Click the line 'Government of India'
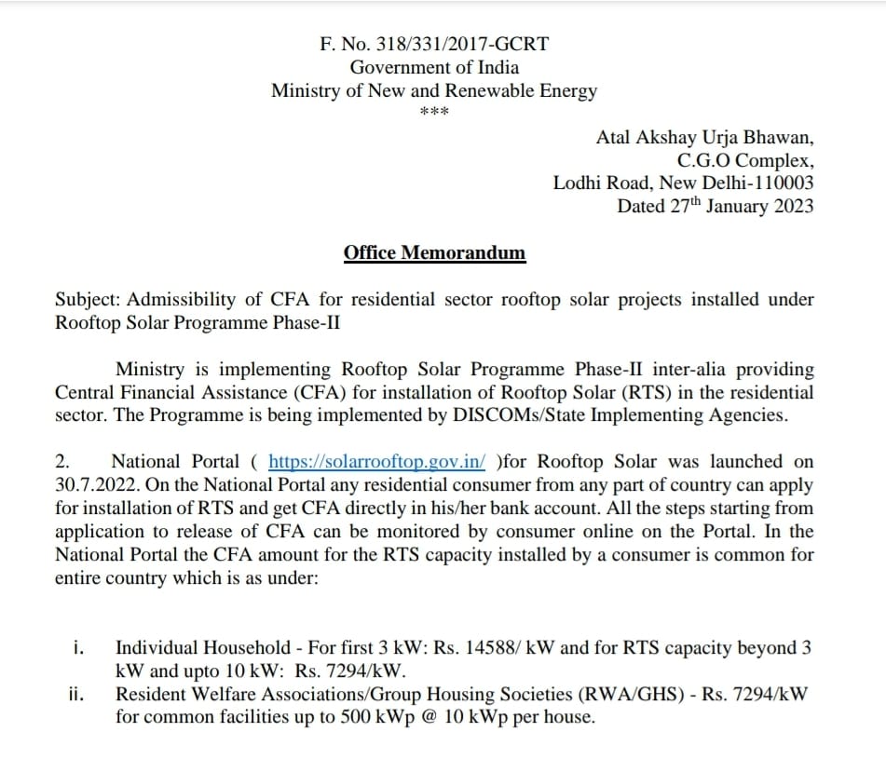[434, 67]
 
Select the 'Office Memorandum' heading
[434, 252]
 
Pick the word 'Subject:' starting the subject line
[88, 300]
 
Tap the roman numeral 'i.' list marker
[79, 647]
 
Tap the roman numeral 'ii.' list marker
[77, 694]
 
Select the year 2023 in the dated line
[791, 206]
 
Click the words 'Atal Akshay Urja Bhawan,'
[704, 137]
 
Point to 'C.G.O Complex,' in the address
[745, 159]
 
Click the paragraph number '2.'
[63, 461]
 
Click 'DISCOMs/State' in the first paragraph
[501, 415]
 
